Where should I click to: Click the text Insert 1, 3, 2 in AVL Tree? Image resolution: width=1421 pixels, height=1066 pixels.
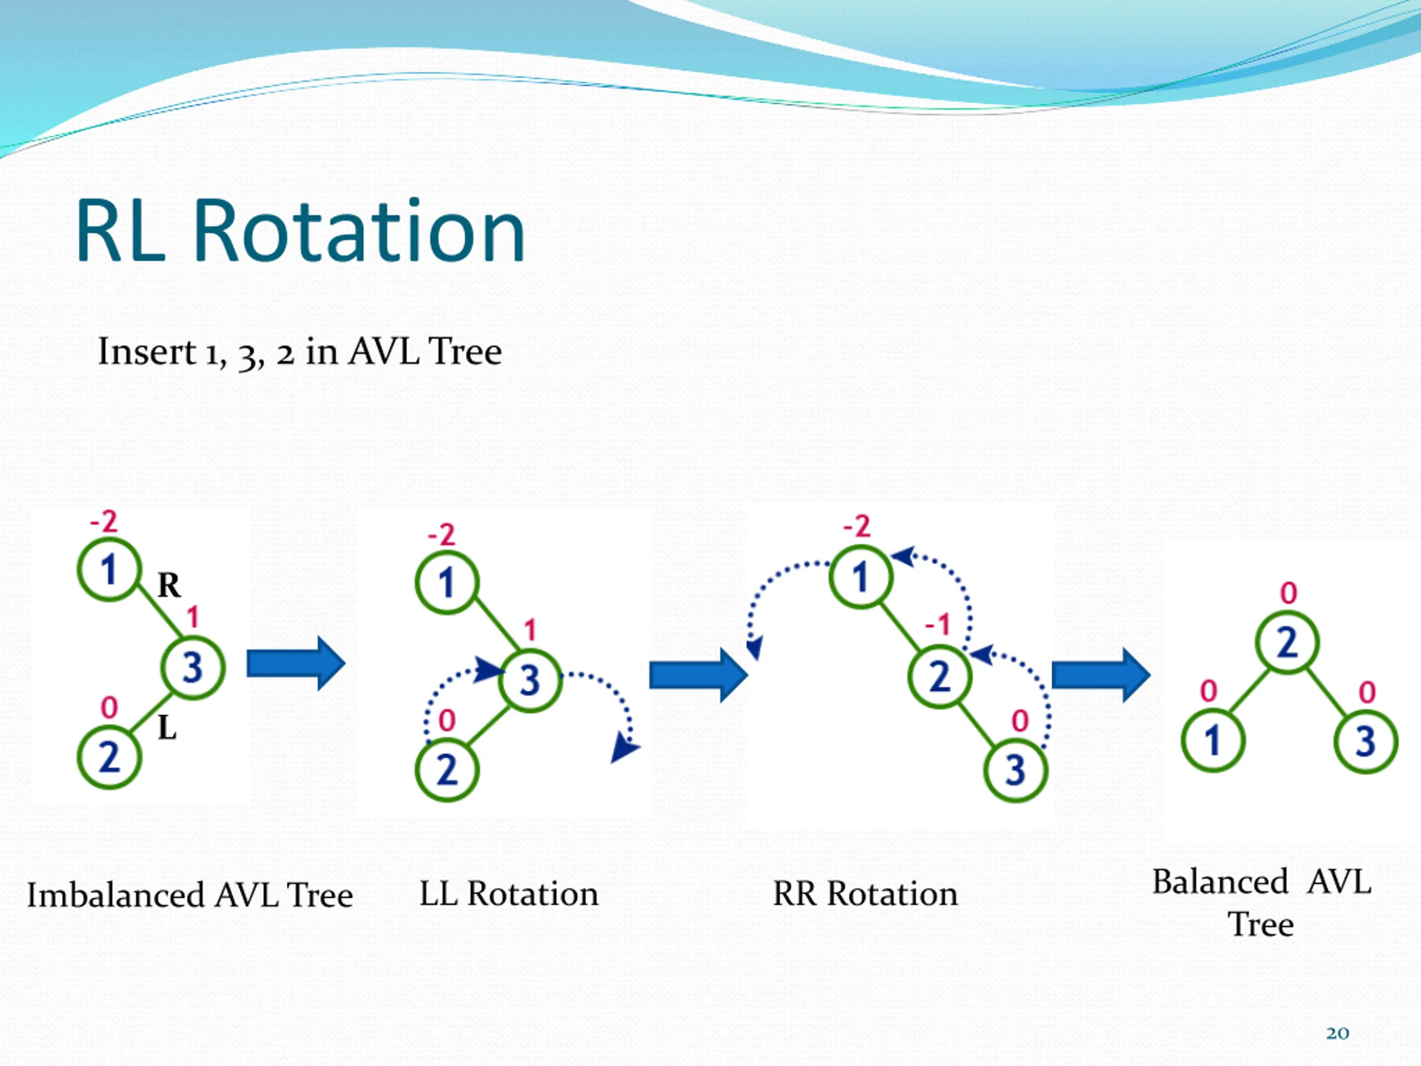tap(299, 351)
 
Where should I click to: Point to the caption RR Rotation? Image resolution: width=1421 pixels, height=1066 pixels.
tap(865, 894)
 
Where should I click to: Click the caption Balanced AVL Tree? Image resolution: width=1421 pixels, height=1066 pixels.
tap(1262, 903)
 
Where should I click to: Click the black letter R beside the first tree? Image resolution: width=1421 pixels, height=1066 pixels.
tap(169, 585)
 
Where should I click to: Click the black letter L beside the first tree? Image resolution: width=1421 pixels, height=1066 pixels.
tap(167, 728)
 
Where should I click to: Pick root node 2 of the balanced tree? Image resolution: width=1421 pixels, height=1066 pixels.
tap(1287, 642)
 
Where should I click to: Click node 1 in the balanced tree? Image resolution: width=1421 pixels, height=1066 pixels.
tap(1213, 740)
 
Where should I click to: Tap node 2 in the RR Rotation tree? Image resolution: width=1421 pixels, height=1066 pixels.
tap(940, 677)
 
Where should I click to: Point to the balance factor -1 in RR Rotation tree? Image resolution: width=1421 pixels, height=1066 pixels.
tap(938, 624)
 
